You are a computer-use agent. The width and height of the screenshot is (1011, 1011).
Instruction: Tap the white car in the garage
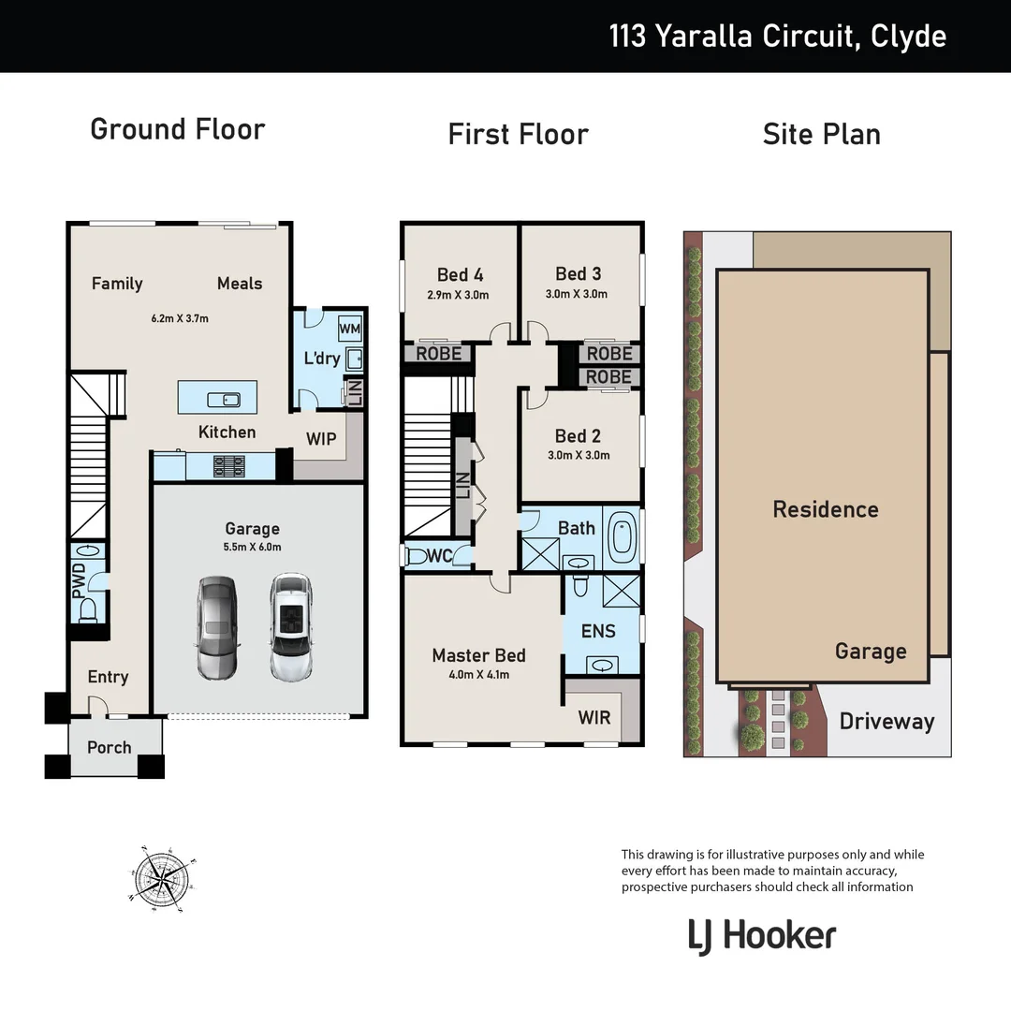(290, 627)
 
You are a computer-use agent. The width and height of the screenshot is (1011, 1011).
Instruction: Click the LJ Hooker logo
(761, 935)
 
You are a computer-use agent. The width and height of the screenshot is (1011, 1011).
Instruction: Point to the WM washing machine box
(349, 329)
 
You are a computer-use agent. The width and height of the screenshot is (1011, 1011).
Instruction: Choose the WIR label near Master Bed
(594, 718)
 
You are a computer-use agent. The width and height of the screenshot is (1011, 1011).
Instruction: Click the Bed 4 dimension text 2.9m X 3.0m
(459, 296)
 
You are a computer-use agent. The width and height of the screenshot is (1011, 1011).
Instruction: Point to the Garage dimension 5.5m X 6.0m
(253, 548)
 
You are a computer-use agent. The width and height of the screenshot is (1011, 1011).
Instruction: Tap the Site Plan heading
(821, 134)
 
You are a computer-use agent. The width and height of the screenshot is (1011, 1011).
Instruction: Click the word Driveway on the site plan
(886, 722)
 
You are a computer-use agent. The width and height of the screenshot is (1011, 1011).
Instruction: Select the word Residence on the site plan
(825, 510)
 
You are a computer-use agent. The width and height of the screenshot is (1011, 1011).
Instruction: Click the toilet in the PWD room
(88, 610)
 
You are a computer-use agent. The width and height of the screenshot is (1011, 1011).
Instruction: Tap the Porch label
(110, 748)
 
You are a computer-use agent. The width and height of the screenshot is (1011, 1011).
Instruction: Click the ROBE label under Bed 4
(438, 354)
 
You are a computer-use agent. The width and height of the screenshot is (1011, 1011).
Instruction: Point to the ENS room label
(598, 631)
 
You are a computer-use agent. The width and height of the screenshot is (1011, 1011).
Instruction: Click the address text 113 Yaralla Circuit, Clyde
(777, 37)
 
